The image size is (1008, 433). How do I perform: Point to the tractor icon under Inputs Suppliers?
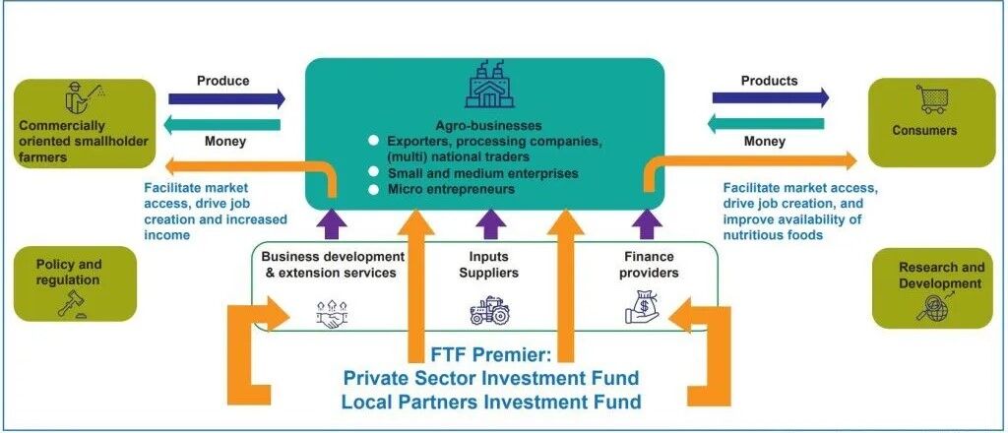click(x=489, y=312)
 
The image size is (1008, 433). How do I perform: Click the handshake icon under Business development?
click(x=333, y=313)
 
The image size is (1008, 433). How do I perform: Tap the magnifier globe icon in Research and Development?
click(x=930, y=307)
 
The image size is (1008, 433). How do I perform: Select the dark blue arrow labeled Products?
click(x=771, y=98)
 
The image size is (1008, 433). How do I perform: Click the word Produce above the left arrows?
click(x=222, y=80)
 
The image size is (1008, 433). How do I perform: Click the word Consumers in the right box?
click(x=924, y=130)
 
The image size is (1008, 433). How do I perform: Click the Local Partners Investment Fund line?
click(x=490, y=402)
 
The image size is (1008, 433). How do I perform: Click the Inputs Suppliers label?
click(x=489, y=265)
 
